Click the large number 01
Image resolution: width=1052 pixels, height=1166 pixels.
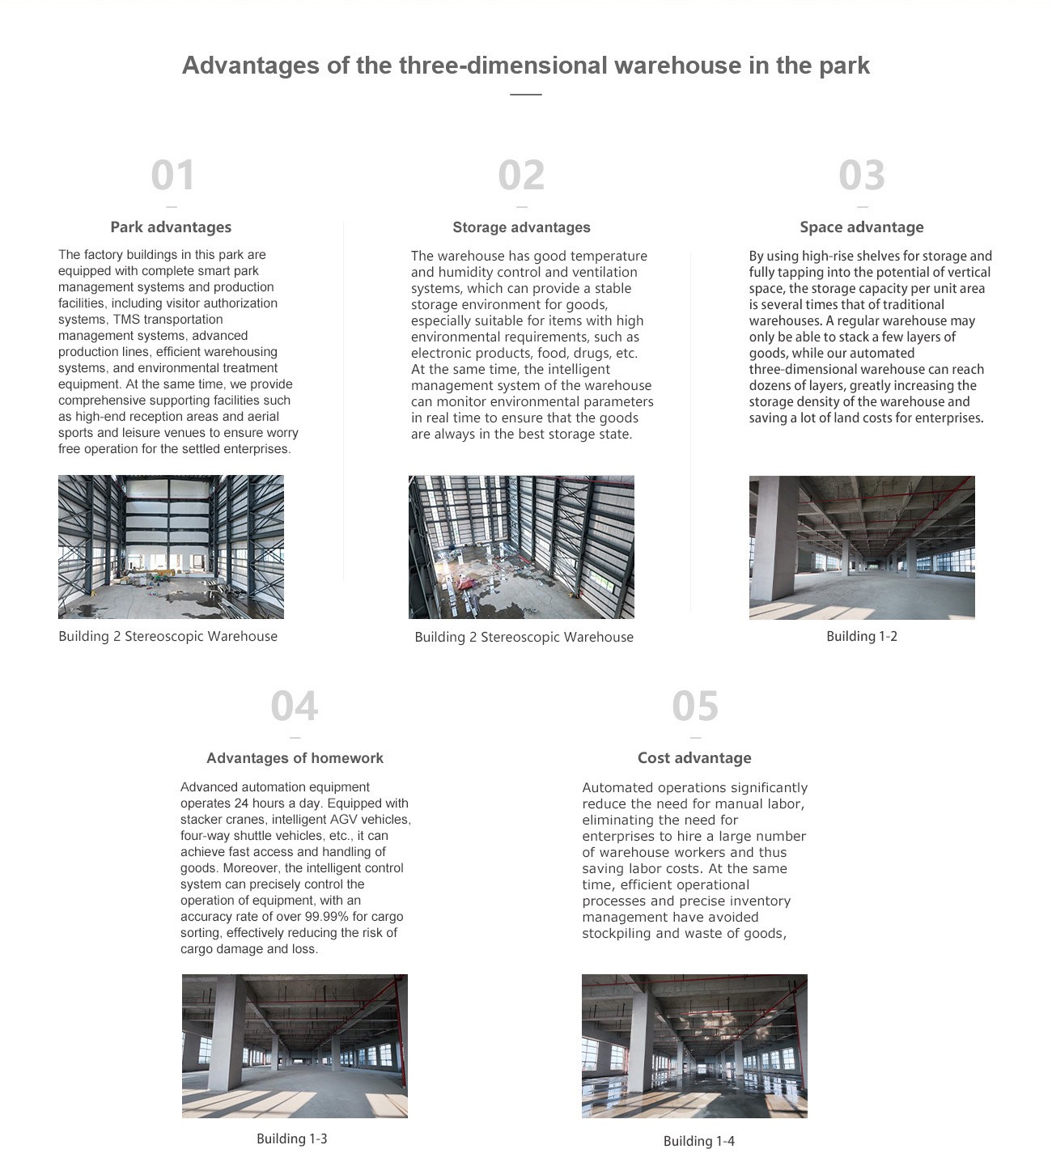pos(172,176)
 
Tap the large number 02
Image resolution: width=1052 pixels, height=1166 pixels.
pos(521,176)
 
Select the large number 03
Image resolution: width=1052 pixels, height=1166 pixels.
pos(861,176)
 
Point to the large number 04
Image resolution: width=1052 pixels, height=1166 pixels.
pos(295,706)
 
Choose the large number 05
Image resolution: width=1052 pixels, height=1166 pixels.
pos(694,706)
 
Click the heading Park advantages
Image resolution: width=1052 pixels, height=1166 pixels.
pos(171,227)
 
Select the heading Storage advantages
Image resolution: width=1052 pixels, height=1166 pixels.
pos(521,227)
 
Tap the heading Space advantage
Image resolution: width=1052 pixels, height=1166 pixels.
pos(861,227)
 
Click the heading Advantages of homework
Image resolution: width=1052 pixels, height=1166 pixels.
pos(295,758)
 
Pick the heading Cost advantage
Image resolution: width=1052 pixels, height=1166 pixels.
pos(694,758)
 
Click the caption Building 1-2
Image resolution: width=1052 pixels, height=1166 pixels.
pos(861,637)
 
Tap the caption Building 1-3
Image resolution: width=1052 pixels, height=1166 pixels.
pos(291,1139)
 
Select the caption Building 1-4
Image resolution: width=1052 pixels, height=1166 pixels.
pos(698,1142)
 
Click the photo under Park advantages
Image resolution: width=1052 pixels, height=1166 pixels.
pos(171,547)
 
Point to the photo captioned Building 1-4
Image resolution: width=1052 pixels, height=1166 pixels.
pos(694,1046)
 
